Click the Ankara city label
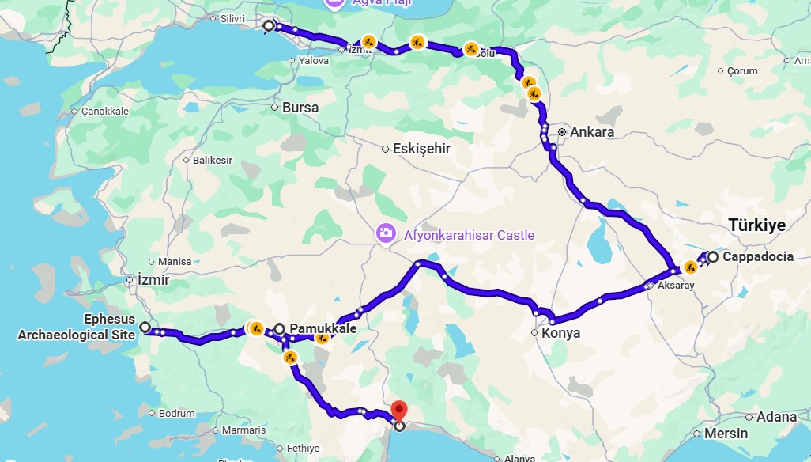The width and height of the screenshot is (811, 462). [x=592, y=132]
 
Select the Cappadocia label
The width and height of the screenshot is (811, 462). [x=757, y=256]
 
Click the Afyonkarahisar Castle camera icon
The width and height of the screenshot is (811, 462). [x=386, y=233]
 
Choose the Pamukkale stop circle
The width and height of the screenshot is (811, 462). [x=279, y=328]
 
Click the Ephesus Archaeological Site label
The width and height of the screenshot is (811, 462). [x=76, y=328]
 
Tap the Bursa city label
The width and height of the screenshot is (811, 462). [x=300, y=108]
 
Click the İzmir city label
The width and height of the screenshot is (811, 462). [x=153, y=279]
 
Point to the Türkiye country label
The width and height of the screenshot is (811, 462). [x=756, y=225]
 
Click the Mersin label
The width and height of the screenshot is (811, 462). [x=726, y=434]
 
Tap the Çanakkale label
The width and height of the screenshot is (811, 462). [x=104, y=112]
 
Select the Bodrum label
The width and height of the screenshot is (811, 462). [x=176, y=413]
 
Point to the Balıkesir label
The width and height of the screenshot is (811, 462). [x=213, y=161]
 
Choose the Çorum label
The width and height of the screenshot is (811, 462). [x=742, y=71]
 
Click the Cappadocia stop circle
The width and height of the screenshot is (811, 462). [x=713, y=257]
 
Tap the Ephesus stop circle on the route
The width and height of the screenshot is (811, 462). [x=145, y=327]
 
